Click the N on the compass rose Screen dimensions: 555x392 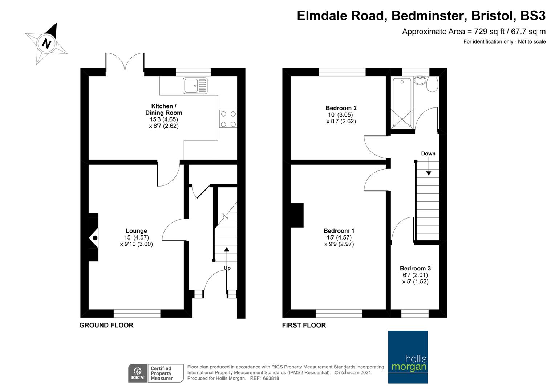46,44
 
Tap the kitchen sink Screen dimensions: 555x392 195,86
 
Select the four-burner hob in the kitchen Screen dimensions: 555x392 228,119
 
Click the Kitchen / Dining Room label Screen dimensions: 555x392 163,110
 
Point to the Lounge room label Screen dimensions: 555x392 136,231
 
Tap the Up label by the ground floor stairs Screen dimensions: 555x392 227,268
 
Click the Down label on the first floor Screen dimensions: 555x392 428,154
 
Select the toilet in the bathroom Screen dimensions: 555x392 433,84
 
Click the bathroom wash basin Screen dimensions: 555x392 420,80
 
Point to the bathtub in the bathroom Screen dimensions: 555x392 402,102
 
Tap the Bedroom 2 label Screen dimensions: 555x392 341,108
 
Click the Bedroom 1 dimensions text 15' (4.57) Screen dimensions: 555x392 339,237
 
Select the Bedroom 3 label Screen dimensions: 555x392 415,269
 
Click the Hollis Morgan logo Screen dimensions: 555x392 408,357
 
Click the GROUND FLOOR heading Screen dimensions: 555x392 106,325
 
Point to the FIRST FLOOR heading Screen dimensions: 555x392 304,325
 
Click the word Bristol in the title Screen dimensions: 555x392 492,16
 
